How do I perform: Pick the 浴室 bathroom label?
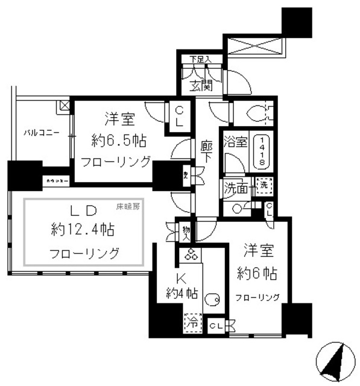(x=235, y=143)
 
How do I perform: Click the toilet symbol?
(x=260, y=112)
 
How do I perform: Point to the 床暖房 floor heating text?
(x=128, y=207)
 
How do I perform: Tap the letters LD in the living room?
(x=84, y=210)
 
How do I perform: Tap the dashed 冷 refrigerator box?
(x=192, y=323)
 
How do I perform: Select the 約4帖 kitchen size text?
(x=183, y=295)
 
